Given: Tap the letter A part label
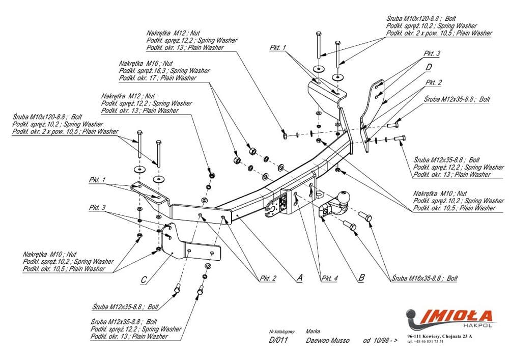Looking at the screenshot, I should pyautogui.click(x=299, y=278).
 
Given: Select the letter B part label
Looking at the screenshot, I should pyautogui.click(x=361, y=278).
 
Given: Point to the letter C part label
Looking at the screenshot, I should pyautogui.click(x=144, y=280).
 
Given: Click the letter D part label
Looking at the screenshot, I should pyautogui.click(x=429, y=67).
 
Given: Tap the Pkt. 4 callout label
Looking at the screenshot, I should pyautogui.click(x=329, y=278).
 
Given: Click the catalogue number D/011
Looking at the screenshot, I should pyautogui.click(x=278, y=340).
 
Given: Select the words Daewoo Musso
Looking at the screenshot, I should pyautogui.click(x=328, y=340).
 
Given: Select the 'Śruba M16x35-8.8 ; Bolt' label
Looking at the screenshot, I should pyautogui.click(x=425, y=279).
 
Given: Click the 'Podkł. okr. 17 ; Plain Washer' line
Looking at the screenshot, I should pyautogui.click(x=157, y=78).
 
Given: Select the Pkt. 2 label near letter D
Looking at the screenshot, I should pyautogui.click(x=434, y=82).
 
